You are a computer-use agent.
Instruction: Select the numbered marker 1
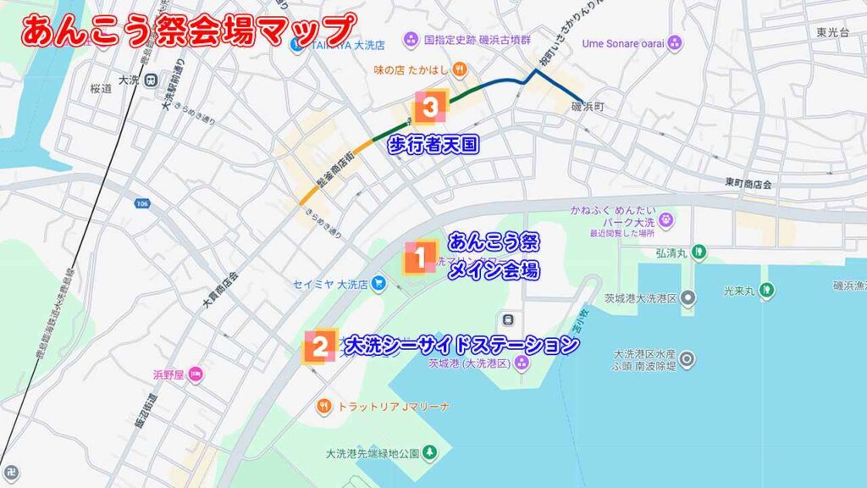pos(418,258)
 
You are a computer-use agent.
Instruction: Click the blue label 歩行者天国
pos(433,145)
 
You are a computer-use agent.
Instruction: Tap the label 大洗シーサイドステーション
pos(461,345)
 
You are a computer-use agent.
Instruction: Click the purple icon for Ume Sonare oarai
pos(674,42)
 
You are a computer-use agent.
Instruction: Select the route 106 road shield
pos(141,203)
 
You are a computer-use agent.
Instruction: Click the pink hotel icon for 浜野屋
pos(196,374)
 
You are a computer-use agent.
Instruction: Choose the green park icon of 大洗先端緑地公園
pos(430,452)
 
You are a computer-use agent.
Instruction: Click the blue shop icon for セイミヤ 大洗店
pos(378,284)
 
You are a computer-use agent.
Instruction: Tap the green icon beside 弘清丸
pos(697,251)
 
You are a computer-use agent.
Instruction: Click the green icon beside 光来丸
pos(766,289)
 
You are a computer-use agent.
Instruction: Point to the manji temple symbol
pos(11,469)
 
